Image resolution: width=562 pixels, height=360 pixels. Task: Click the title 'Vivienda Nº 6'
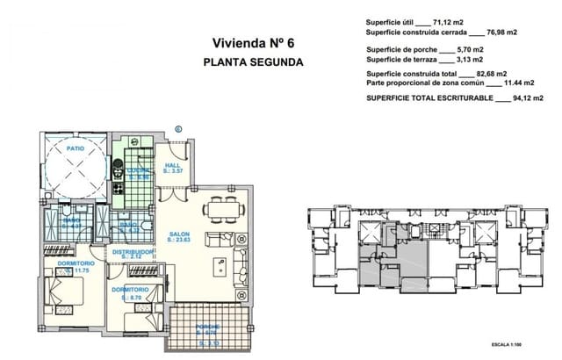click(x=252, y=42)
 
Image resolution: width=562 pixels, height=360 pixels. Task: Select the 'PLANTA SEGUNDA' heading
click(x=253, y=62)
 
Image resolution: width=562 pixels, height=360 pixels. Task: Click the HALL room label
click(x=173, y=165)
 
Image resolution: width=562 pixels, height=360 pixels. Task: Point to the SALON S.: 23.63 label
click(x=181, y=236)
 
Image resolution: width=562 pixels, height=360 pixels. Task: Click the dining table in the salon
click(x=220, y=209)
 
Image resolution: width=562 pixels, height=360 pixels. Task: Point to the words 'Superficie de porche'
click(x=400, y=50)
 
